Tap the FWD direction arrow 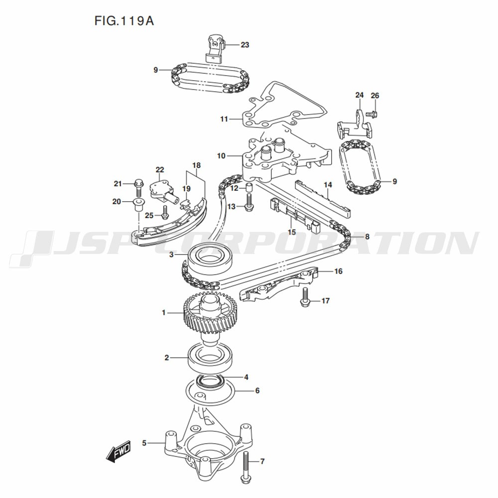[x=118, y=452]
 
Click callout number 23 [x=245, y=45]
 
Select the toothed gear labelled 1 [x=212, y=316]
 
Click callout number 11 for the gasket [x=224, y=119]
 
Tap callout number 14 [x=327, y=185]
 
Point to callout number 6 [x=257, y=390]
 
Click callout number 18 [x=196, y=165]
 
